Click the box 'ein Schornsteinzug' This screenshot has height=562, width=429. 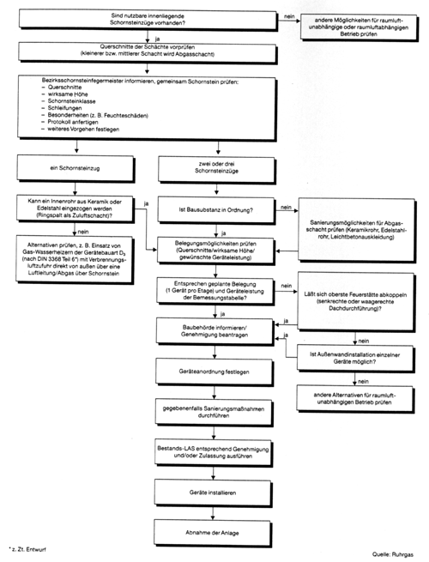76,168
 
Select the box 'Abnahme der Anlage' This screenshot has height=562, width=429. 213,533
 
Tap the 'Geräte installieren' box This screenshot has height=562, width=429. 214,493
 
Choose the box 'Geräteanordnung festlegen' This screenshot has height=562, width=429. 214,372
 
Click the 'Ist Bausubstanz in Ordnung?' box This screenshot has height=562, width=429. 216,210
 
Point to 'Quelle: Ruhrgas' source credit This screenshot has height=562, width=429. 392,554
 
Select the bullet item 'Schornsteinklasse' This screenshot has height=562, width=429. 72,101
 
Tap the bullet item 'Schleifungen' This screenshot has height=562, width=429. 64,108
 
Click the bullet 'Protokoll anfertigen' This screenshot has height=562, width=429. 73,122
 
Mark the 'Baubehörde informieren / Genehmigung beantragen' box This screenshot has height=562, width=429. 214,331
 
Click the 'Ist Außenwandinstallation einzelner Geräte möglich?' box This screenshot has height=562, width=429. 355,358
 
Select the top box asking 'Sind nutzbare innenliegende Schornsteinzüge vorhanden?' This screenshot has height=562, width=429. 148,20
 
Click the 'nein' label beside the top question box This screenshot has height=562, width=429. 289,16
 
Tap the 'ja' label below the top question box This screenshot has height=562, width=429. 157,39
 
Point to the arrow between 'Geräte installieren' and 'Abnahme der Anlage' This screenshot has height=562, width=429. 213,513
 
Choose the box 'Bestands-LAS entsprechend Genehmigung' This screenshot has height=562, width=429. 214,452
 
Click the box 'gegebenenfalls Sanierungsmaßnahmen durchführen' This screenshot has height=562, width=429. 214,412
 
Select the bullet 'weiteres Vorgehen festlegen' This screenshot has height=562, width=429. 83,129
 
